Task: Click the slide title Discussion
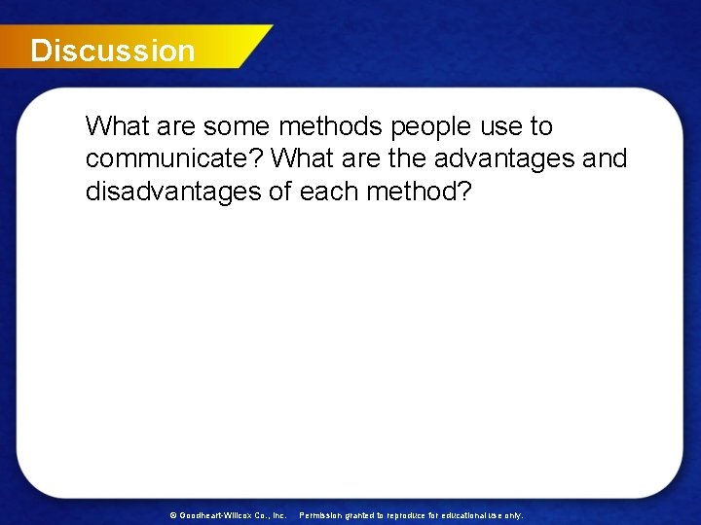pos(112,51)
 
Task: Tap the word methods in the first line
pos(323,126)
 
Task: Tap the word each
pos(330,191)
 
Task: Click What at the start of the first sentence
pos(115,126)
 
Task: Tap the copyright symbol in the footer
pos(173,514)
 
